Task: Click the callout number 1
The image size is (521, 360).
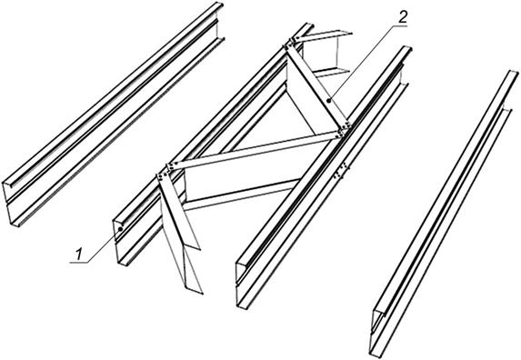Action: [78, 255]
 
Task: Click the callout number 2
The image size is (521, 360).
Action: [402, 18]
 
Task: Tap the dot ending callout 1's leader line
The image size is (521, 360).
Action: [121, 229]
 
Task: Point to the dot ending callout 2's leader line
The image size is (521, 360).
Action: [328, 100]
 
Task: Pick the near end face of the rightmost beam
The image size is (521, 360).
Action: [378, 332]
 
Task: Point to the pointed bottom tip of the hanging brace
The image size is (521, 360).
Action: [202, 293]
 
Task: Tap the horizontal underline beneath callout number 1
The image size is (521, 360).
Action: [80, 263]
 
